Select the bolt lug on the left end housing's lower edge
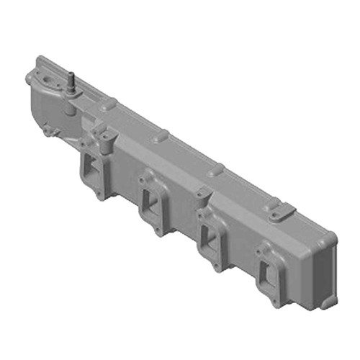pyautogui.click(x=48, y=131)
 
